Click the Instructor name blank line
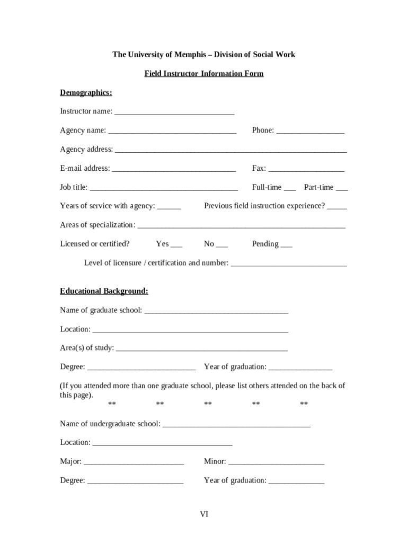click(174, 112)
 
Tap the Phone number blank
click(310, 131)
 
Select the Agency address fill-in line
click(231, 150)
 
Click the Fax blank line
click(306, 169)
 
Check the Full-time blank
click(290, 188)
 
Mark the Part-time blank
click(342, 188)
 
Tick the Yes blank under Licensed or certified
click(176, 245)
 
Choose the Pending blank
click(286, 245)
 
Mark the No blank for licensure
click(222, 245)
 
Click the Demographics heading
click(86, 93)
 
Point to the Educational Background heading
click(104, 291)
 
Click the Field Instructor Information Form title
click(204, 74)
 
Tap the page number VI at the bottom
click(204, 514)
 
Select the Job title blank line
click(164, 188)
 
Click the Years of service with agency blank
click(169, 207)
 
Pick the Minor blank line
click(276, 462)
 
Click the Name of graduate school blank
click(216, 311)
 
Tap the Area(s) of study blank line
click(202, 349)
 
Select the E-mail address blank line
click(174, 169)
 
